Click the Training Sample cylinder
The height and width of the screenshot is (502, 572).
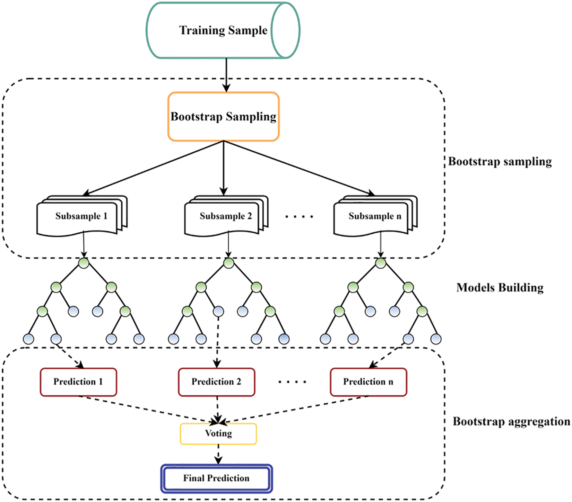[223, 30]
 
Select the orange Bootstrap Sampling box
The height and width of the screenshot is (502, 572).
[224, 117]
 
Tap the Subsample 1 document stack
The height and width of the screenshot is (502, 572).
[81, 216]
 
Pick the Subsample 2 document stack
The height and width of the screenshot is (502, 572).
[226, 216]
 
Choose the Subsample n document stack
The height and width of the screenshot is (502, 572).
[375, 216]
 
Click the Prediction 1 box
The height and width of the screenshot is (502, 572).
[78, 382]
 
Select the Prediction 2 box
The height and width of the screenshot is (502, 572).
[216, 382]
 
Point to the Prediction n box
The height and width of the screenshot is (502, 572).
[368, 382]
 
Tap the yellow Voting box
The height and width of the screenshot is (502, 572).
[218, 433]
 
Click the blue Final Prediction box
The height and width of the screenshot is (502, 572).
[216, 478]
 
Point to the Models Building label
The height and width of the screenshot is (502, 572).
[500, 288]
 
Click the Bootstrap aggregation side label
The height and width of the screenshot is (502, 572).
[511, 422]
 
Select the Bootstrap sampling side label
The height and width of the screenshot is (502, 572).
[500, 162]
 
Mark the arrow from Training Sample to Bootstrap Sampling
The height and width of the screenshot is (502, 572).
[226, 75]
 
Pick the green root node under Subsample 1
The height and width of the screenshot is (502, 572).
[84, 263]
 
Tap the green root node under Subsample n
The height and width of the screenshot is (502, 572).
[381, 263]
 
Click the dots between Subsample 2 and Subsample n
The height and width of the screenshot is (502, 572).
[299, 217]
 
